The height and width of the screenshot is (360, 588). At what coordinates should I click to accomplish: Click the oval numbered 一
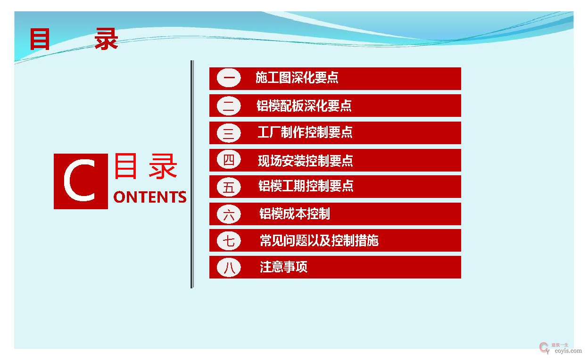[229, 78]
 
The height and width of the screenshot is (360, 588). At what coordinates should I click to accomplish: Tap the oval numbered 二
[229, 106]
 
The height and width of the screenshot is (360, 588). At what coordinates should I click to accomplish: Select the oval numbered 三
[229, 133]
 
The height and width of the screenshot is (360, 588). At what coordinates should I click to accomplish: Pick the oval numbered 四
[229, 160]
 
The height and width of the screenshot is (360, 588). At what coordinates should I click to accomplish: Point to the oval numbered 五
[229, 187]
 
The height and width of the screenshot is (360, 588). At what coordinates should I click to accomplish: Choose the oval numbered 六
[229, 214]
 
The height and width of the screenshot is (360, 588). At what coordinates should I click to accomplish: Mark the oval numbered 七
[229, 241]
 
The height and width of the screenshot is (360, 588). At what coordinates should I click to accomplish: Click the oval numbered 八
[229, 268]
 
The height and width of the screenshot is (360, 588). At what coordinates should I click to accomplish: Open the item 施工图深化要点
[297, 78]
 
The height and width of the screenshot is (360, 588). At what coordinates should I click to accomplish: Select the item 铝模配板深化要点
[304, 106]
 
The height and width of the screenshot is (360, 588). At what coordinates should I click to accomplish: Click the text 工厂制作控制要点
[305, 132]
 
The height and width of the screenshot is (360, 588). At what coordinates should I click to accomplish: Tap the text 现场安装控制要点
[305, 161]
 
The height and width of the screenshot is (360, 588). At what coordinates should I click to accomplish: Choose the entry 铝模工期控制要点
[306, 186]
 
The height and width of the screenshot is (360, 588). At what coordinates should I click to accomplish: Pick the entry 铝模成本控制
[294, 214]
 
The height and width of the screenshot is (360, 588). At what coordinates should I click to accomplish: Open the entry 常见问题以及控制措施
[319, 241]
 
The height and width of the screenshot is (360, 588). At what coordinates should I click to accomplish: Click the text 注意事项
[283, 268]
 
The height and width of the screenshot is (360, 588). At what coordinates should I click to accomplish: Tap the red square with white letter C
[81, 181]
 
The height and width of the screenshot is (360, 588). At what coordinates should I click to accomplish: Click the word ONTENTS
[150, 197]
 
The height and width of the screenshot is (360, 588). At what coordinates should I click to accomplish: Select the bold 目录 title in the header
[73, 39]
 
